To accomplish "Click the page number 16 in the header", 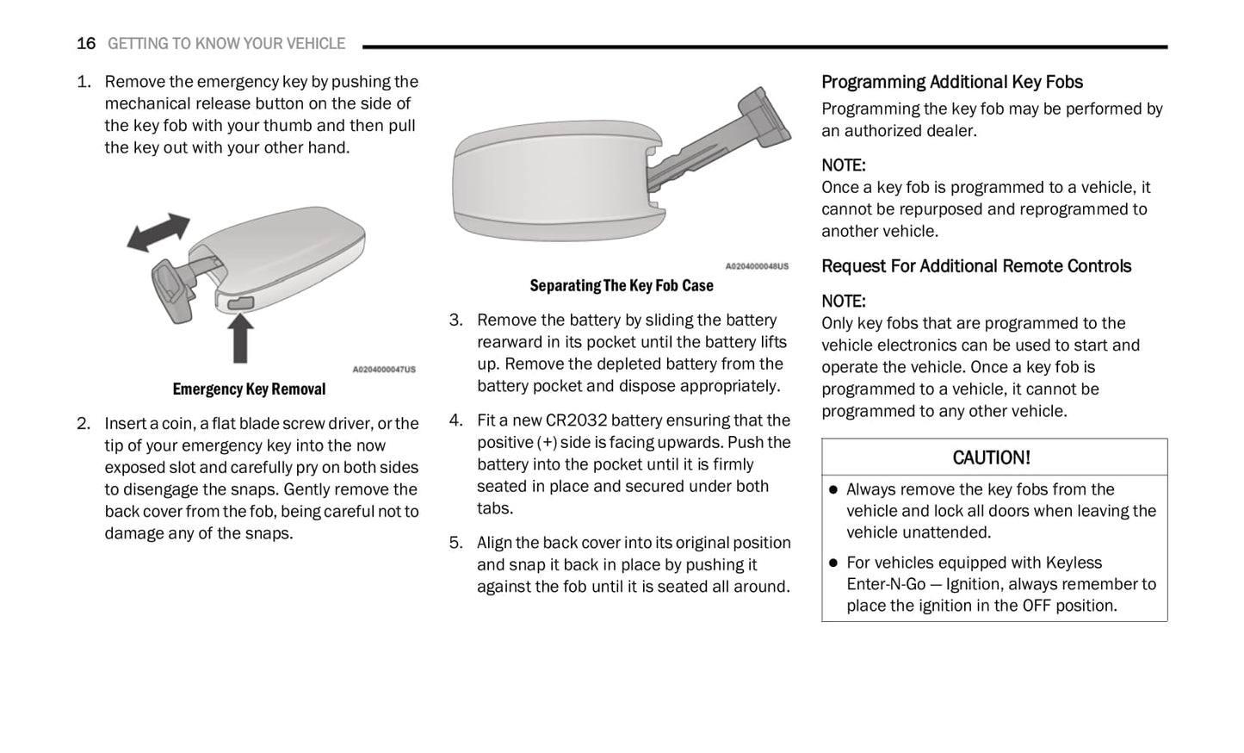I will (85, 44).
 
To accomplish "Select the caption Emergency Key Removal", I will (249, 389).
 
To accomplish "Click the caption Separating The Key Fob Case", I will (621, 286).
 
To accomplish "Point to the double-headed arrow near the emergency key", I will (158, 233).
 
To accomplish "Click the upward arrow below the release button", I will (240, 339).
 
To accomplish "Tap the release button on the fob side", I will (240, 302).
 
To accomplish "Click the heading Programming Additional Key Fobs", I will (951, 83).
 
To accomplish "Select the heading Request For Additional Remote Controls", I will (975, 266).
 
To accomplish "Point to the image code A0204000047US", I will (383, 370).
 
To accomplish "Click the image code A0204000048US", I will (756, 267).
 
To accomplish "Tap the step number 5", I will (455, 543).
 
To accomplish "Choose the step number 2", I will (83, 424).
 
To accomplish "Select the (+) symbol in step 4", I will (546, 443).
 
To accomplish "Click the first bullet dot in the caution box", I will (832, 490).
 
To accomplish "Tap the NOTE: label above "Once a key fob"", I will (843, 165).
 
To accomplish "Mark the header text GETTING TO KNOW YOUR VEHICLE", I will (226, 44).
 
